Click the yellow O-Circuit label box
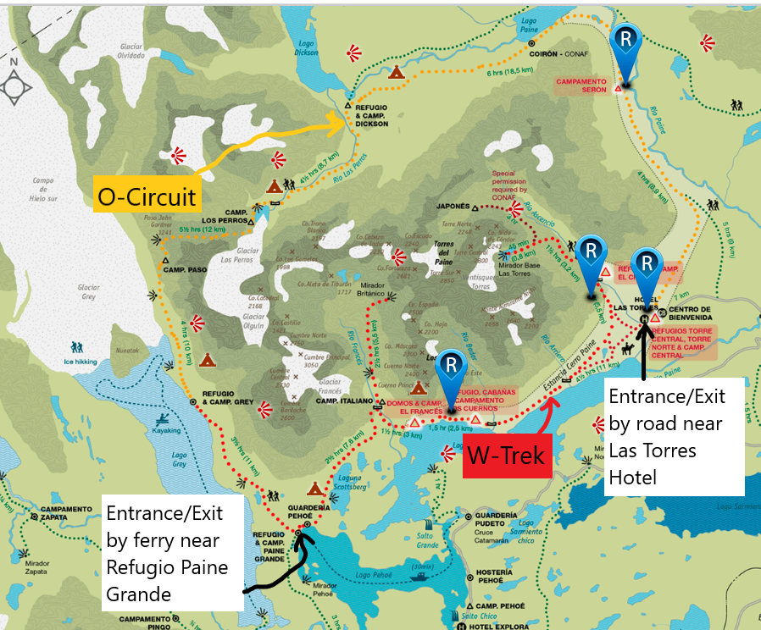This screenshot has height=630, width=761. [x=147, y=196]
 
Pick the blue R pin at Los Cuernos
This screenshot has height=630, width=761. [x=453, y=367]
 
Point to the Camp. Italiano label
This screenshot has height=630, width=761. [x=344, y=401]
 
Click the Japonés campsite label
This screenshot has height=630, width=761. [x=453, y=206]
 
